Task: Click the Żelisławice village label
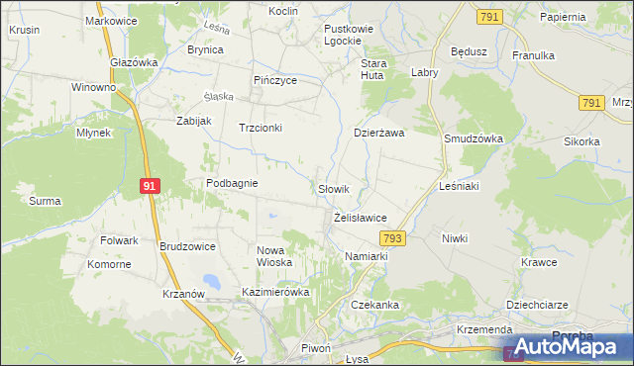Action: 360,218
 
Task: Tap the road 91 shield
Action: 149,185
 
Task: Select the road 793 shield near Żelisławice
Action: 393,238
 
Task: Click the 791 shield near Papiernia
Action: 488,17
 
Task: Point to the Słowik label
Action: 333,188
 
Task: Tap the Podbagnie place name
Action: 232,183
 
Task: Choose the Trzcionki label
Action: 261,128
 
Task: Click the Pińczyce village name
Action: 275,80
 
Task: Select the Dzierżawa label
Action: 380,133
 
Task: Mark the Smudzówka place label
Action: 474,139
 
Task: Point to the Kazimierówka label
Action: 276,293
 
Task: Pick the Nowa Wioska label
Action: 274,256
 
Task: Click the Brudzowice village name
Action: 187,245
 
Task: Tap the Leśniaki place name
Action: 459,186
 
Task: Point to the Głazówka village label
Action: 135,61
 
